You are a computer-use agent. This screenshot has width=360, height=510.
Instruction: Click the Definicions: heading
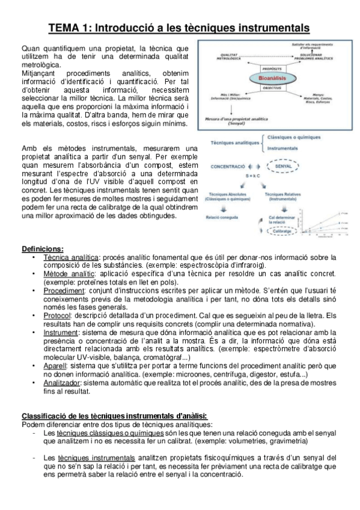click(x=43, y=250)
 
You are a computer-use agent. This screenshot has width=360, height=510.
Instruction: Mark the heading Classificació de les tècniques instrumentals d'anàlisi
click(x=115, y=416)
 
